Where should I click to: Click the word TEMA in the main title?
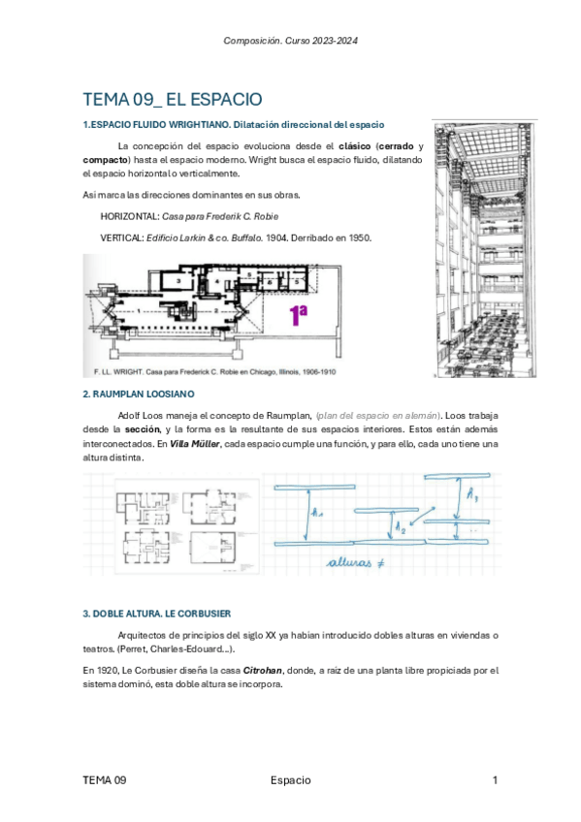[x=107, y=99]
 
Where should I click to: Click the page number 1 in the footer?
[x=495, y=780]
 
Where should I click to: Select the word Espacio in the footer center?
[x=290, y=780]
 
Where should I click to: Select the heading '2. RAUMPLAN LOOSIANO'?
[x=139, y=394]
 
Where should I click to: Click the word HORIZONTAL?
[x=131, y=216]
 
